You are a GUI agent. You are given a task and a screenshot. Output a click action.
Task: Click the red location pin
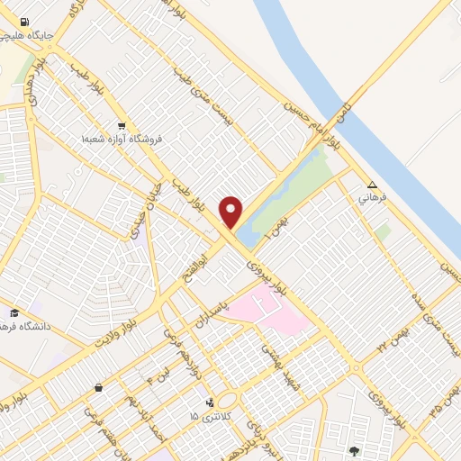point(231,211)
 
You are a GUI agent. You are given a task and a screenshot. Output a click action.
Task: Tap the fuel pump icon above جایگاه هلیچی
point(23,23)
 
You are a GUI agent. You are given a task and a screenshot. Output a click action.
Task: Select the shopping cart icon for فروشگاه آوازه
point(121,126)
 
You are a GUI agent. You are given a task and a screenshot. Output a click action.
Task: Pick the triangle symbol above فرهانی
point(373,183)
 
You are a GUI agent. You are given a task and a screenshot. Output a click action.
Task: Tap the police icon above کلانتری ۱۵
point(211,402)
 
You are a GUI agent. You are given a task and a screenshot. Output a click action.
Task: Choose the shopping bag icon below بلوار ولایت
point(97,387)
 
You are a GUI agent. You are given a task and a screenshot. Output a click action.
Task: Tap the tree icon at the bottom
point(354,449)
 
